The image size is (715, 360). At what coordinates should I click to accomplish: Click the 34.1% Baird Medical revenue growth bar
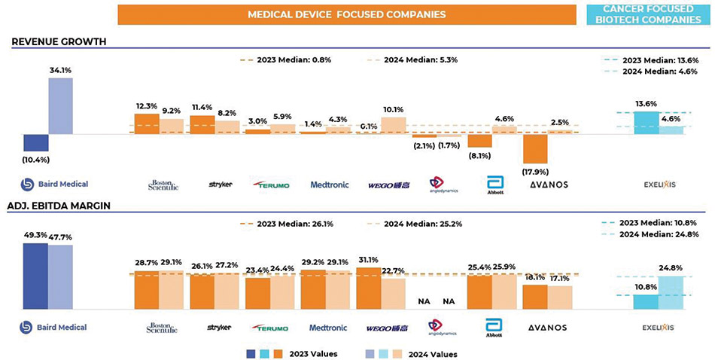tap(61, 106)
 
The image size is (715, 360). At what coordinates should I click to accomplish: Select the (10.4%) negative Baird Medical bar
tap(36, 142)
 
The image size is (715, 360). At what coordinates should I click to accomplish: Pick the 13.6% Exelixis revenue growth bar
tap(646, 123)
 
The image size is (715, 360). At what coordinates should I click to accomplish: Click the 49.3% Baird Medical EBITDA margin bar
tap(35, 276)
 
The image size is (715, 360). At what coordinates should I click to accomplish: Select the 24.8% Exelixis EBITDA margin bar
tap(671, 292)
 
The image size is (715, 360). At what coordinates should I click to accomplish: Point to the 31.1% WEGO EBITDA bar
tap(368, 288)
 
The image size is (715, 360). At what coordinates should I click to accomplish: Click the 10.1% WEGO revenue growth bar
tap(394, 125)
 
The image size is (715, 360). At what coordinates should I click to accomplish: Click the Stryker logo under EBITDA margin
tap(219, 328)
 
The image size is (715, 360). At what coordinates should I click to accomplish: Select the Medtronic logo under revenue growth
tap(329, 184)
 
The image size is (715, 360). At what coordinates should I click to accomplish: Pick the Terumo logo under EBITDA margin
tap(269, 328)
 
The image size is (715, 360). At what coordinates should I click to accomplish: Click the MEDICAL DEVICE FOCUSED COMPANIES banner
tap(347, 14)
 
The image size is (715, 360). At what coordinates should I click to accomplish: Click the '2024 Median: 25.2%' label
tap(412, 222)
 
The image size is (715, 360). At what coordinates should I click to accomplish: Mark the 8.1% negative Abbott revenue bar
tap(479, 140)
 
